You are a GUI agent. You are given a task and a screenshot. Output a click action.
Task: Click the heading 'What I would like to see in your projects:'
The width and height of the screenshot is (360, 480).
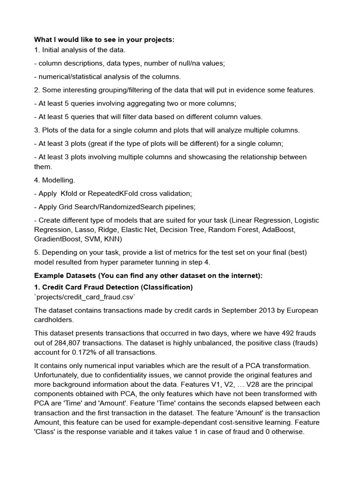coord(104,39)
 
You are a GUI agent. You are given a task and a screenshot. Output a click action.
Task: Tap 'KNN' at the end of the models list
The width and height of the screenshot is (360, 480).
coord(113,239)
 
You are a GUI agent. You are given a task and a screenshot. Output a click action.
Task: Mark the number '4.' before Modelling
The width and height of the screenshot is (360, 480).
coord(37,180)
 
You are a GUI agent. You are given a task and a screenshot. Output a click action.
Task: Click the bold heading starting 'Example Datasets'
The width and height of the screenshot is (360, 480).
coord(148,276)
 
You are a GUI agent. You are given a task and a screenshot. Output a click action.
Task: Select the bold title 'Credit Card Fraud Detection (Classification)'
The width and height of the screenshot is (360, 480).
coord(113,287)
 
